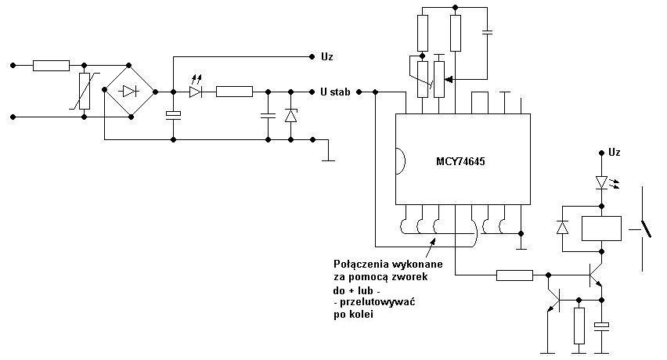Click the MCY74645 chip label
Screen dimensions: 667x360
[460, 161]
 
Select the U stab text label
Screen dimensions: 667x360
[335, 92]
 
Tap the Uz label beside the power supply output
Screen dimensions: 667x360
[327, 56]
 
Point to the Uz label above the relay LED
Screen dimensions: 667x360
[615, 152]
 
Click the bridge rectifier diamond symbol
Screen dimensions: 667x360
[130, 91]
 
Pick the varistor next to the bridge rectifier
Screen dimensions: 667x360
[85, 91]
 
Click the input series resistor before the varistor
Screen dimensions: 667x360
[51, 66]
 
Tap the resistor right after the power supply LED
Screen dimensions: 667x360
[234, 92]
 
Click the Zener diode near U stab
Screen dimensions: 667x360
[291, 115]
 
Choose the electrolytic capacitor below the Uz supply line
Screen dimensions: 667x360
[173, 114]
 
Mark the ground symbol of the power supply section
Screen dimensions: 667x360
[328, 153]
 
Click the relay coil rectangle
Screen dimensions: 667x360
[601, 229]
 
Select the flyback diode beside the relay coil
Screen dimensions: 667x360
[563, 228]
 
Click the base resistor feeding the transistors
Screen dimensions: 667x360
[514, 275]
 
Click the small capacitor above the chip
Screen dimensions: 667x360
[488, 31]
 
